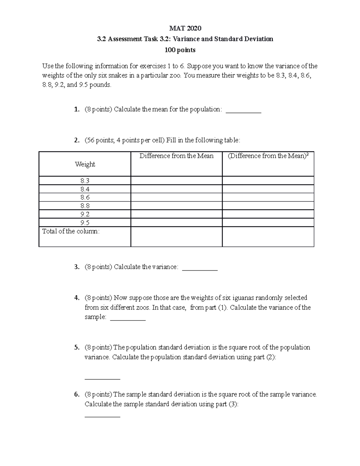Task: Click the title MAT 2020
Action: point(185,28)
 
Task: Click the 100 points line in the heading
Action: point(180,50)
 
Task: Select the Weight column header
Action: point(85,164)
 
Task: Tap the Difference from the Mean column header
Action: point(176,156)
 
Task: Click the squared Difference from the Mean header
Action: point(268,156)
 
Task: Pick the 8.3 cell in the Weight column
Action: point(85,181)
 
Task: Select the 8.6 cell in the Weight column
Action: point(85,197)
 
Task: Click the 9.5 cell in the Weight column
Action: point(85,223)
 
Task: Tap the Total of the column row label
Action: point(71,231)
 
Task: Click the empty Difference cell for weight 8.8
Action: point(176,206)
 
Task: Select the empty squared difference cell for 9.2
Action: point(268,214)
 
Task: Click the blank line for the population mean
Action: point(243,111)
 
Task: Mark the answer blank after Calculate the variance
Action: point(200,269)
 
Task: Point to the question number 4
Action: point(77,298)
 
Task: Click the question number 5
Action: point(77,347)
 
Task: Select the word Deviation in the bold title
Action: point(258,39)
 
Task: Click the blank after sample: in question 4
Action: point(128,319)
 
